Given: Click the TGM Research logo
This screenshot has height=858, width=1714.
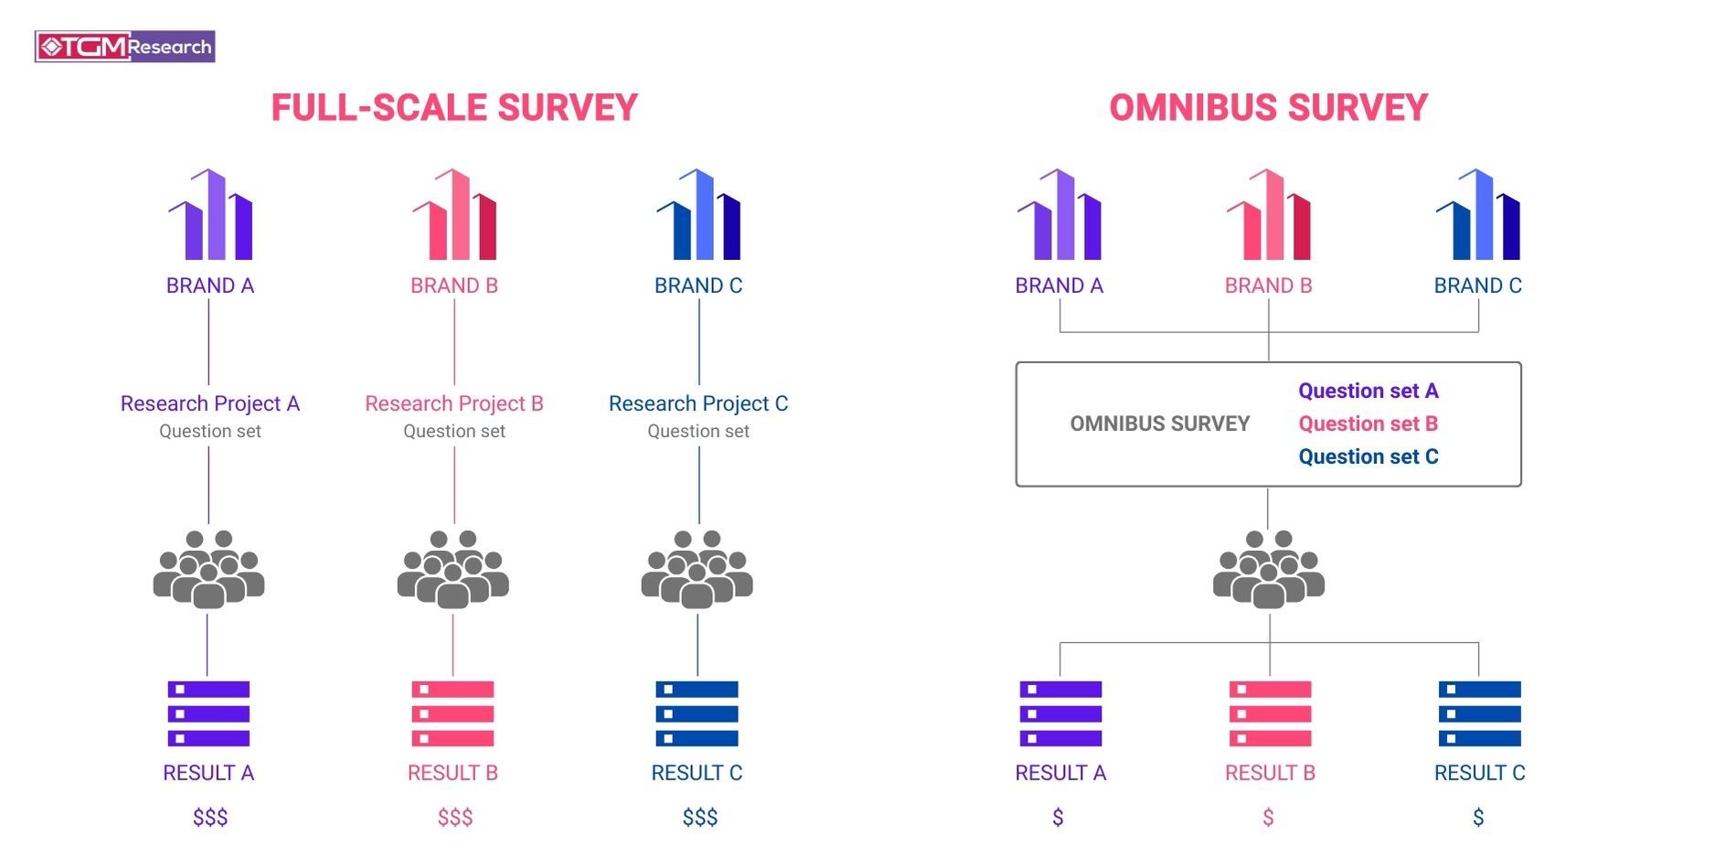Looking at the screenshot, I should (124, 47).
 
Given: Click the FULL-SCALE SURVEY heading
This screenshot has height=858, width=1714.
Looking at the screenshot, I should (454, 108).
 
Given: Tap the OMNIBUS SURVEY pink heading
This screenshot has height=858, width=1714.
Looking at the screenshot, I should (1268, 108).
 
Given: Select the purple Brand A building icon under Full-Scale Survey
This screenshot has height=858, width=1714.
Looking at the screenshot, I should (210, 216).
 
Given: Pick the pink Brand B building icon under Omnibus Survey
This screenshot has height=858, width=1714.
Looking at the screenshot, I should (1268, 216).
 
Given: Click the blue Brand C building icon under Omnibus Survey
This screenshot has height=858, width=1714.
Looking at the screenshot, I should (1477, 216).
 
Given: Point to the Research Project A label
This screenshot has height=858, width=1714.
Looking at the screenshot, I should (210, 403).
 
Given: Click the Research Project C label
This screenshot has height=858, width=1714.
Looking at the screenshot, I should (698, 403).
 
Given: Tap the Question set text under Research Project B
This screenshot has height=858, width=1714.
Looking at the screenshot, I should (454, 431).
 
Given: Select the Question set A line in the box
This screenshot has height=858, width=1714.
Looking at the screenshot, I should (1368, 391).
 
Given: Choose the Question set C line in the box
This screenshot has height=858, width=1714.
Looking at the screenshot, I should (1368, 456).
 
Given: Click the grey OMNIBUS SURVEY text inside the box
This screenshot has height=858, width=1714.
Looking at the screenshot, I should (1159, 424).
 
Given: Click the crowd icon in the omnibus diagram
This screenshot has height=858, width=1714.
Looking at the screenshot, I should (1268, 570).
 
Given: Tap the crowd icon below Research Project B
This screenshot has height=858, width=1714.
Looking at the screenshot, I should (453, 570).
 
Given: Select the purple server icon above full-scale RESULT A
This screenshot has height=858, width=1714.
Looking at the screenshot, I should (208, 713).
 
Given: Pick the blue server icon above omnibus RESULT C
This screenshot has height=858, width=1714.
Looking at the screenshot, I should (1479, 713).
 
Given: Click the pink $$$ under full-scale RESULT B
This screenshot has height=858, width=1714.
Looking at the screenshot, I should (455, 817).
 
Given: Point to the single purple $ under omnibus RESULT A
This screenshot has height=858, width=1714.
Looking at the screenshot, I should (1058, 817).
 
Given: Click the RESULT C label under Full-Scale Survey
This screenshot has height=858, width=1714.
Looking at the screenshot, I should (697, 773).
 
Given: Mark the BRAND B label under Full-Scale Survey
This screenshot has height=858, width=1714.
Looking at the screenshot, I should (454, 285).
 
